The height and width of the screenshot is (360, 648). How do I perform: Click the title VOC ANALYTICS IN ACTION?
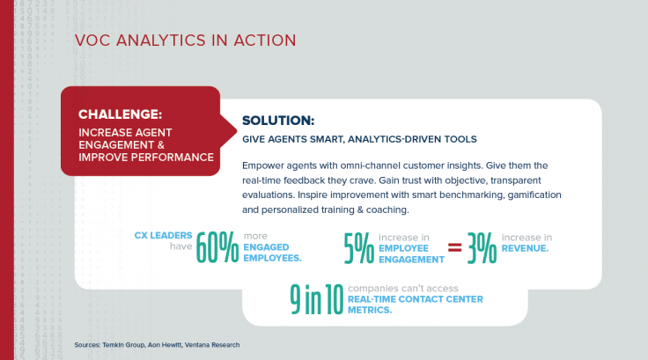click(x=185, y=40)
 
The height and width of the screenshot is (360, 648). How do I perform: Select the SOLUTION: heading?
click(x=277, y=121)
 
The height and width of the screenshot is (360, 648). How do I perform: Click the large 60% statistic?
click(x=217, y=248)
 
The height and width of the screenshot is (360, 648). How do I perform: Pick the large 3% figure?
click(x=482, y=248)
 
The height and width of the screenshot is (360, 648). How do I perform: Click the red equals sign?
click(x=454, y=249)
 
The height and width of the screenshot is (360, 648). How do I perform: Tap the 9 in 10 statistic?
click(x=315, y=301)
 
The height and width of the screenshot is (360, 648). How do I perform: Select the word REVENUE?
click(x=525, y=248)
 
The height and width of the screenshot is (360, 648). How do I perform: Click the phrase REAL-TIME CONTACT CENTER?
click(x=416, y=299)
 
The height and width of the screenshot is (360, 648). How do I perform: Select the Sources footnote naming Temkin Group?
click(x=157, y=344)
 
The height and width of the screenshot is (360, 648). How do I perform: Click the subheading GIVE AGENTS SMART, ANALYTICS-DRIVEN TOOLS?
click(x=361, y=139)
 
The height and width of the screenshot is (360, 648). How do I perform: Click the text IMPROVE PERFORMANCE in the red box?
click(x=145, y=158)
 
